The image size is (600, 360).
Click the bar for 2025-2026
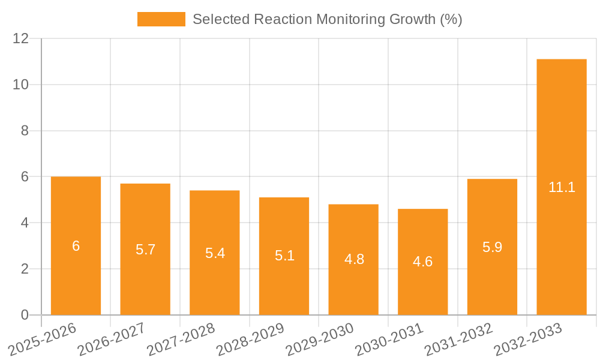tap(76, 270)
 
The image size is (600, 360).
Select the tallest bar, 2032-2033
tap(562, 240)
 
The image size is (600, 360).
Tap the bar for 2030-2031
tap(422, 288)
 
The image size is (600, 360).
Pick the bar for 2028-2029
tap(284, 282)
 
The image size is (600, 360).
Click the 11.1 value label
tap(562, 187)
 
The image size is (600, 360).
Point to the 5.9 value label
tap(492, 247)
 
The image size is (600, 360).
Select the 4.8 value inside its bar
tap(353, 260)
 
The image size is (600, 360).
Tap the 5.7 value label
tap(145, 250)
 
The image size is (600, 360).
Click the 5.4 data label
tap(215, 253)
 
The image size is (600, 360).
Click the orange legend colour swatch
tap(161, 19)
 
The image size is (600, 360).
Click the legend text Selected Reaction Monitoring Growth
tap(327, 19)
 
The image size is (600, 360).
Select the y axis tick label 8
tap(25, 131)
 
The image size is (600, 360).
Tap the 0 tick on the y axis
tap(25, 315)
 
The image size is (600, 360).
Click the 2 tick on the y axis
tap(25, 269)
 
